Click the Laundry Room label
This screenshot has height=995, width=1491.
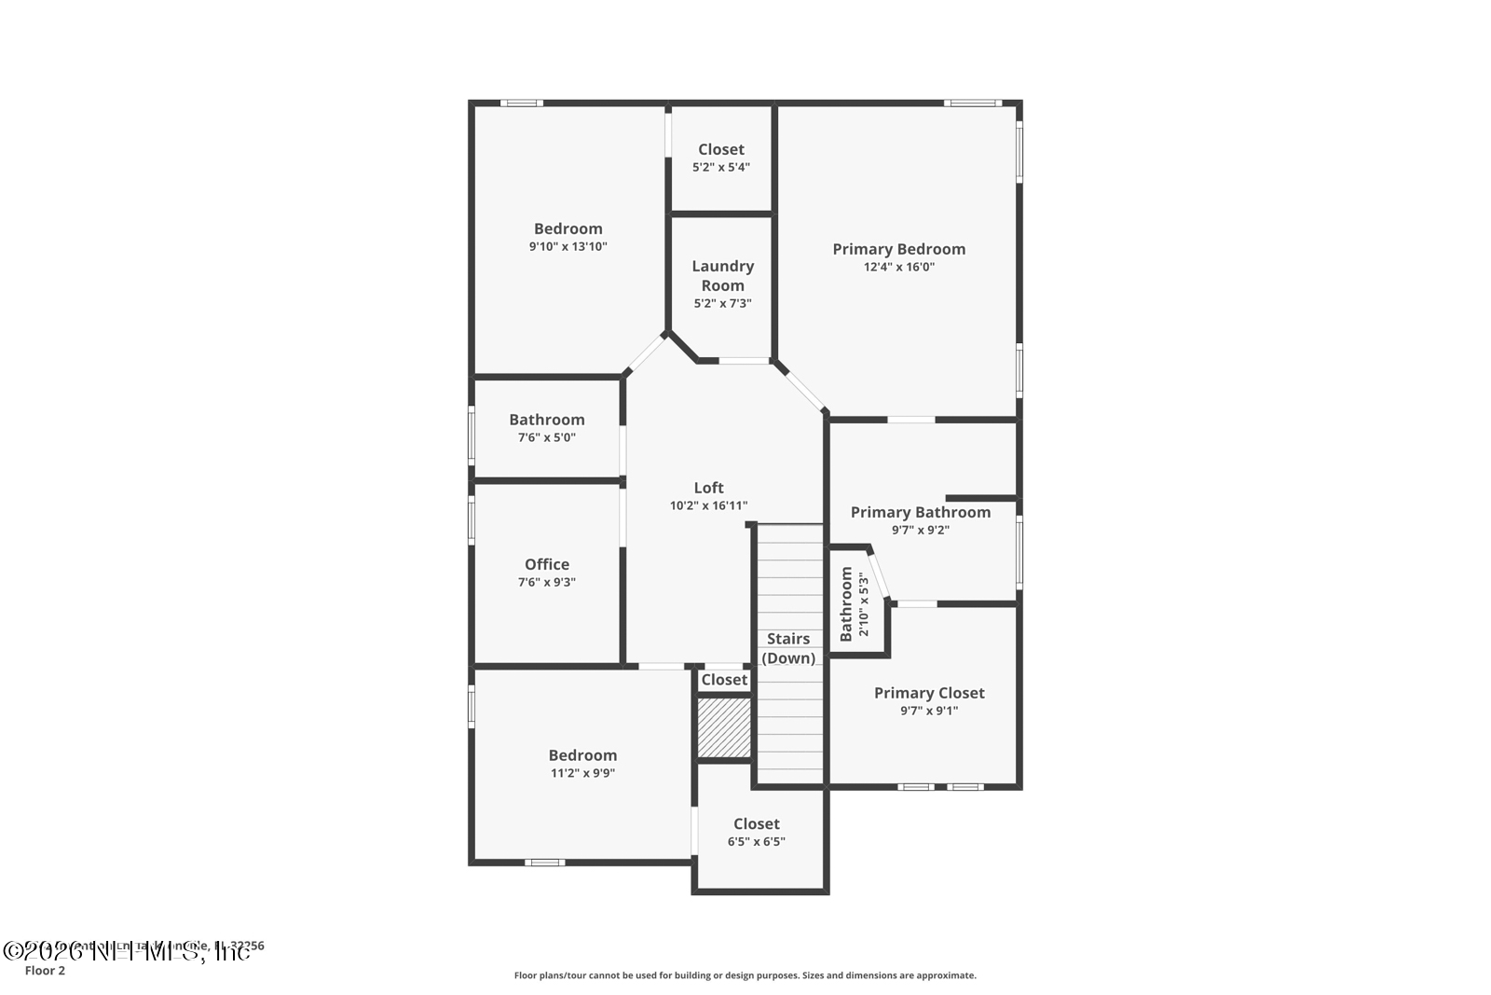[722, 276]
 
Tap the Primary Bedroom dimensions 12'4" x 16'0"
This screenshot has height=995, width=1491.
[898, 267]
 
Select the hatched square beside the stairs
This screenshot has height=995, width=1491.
[724, 727]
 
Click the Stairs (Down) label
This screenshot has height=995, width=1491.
[788, 648]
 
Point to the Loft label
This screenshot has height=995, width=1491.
[708, 488]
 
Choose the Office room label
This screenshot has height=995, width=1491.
[547, 564]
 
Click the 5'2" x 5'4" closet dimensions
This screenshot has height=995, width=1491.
[720, 168]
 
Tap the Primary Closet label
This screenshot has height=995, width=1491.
[929, 693]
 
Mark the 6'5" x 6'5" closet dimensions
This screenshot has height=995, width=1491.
[756, 842]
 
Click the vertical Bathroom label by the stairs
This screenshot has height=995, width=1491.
[846, 604]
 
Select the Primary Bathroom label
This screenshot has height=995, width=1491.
[920, 512]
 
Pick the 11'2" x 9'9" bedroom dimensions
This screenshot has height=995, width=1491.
[582, 773]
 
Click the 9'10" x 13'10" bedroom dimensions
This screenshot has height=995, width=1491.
[568, 247]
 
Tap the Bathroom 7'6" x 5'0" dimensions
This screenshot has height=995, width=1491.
[547, 437]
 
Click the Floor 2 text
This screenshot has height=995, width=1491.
[45, 971]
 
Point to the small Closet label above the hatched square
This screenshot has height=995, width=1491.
[724, 680]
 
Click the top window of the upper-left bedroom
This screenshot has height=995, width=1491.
[522, 103]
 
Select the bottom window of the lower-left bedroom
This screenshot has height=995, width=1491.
[544, 863]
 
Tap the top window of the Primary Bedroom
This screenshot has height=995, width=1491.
[972, 103]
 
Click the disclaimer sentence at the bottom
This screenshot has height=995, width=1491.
[745, 975]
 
